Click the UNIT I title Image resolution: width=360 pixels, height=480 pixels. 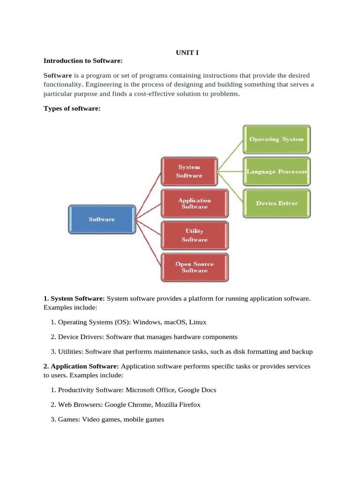tap(187, 52)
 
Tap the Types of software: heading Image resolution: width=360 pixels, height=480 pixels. tap(72, 108)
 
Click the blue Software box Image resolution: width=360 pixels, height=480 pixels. tap(102, 219)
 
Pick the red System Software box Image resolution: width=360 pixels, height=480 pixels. tap(189, 171)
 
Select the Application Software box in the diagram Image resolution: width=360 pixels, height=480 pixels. tap(194, 203)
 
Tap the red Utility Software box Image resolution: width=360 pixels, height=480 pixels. tap(194, 235)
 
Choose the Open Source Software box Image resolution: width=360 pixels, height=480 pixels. tap(194, 267)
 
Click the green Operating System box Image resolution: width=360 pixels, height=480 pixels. tap(276, 139)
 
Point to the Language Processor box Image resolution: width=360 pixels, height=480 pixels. tap(277, 172)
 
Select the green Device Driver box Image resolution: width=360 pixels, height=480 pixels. tap(277, 203)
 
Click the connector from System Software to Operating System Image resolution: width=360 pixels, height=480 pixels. tap(230, 155)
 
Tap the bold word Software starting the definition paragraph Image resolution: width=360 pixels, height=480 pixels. tap(58, 75)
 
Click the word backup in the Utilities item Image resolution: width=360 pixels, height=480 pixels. tap(302, 352)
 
